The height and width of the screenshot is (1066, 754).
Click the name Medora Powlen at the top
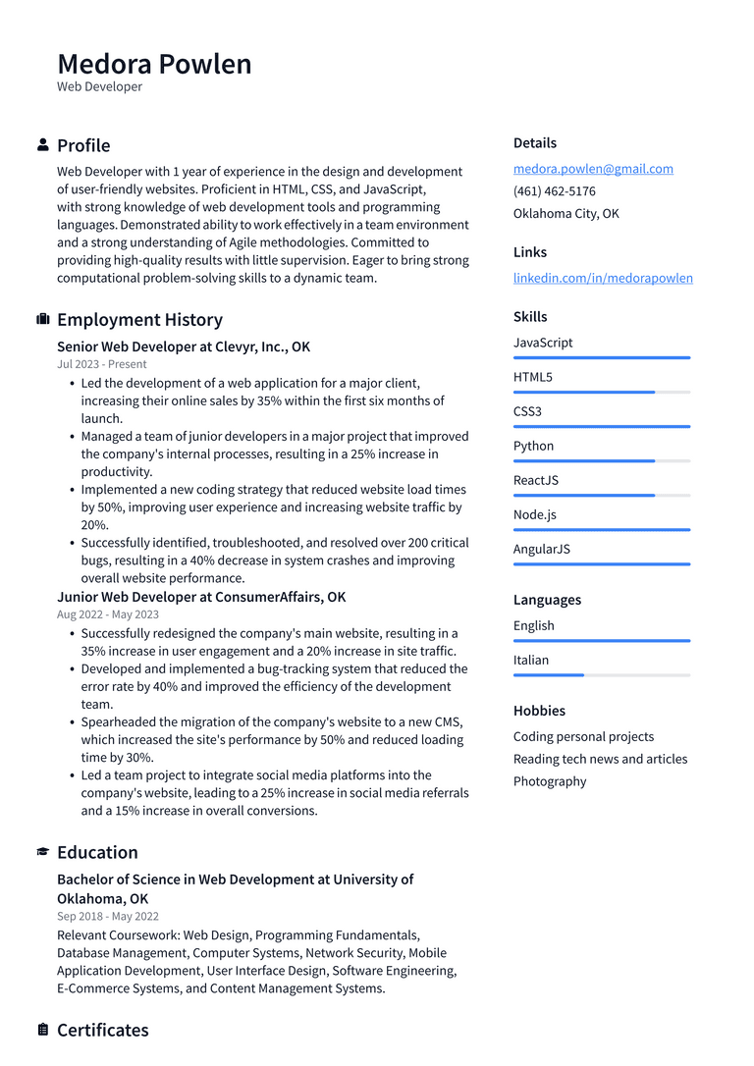point(154,64)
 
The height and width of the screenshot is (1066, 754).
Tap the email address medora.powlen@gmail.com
point(593,169)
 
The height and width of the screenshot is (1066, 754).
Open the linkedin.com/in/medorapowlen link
point(603,278)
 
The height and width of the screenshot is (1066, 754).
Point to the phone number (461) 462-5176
point(554,191)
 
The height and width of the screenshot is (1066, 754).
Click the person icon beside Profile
point(43,145)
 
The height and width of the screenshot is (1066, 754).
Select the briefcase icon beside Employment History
point(43,320)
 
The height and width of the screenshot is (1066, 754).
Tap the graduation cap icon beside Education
point(43,852)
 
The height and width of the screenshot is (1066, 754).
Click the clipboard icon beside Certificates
point(43,1030)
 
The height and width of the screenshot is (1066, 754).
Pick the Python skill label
point(533,446)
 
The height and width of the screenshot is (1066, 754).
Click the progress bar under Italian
point(601,675)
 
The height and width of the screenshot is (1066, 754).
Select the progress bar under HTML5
point(601,393)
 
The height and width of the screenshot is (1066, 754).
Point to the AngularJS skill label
point(541,549)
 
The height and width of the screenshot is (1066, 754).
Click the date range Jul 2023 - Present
point(102,364)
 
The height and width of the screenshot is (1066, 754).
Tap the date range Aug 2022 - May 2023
point(108,614)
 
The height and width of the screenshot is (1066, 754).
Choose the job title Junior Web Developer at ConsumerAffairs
point(201,597)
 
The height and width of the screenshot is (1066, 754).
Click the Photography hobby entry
point(550,781)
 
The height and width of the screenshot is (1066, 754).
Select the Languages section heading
point(547,600)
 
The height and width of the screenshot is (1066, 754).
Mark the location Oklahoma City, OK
point(565,214)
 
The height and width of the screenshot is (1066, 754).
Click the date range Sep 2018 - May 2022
point(108,917)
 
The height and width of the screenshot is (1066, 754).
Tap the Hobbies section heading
point(539,711)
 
